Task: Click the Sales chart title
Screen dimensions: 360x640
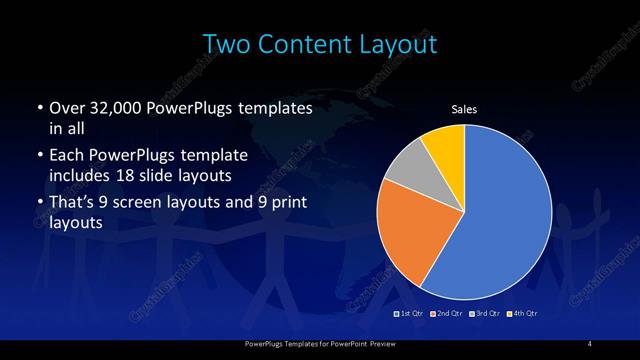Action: tap(464, 109)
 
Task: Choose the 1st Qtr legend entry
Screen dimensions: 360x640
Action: tap(409, 315)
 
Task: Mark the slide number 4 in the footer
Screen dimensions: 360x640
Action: tap(589, 345)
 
